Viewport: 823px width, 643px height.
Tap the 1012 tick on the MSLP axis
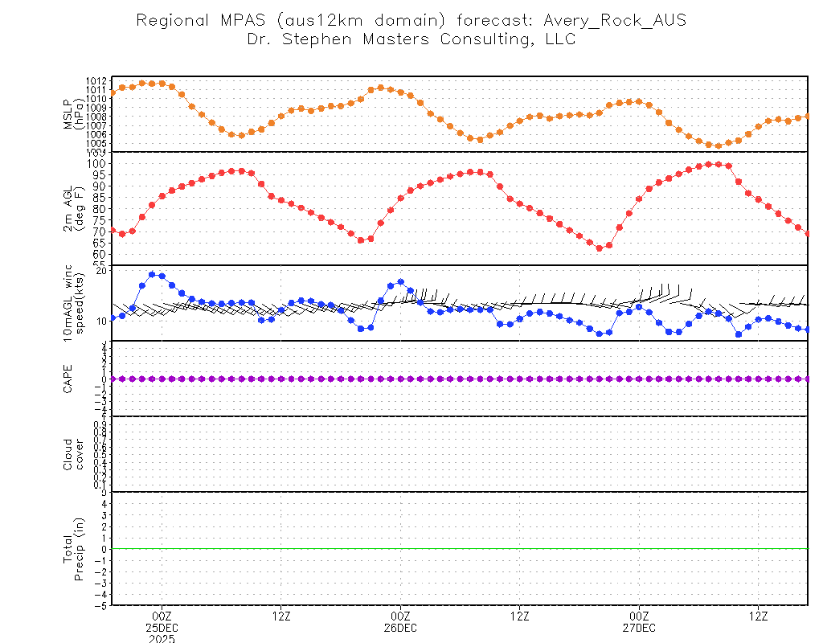click(x=96, y=81)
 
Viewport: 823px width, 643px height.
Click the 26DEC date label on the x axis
click(x=400, y=628)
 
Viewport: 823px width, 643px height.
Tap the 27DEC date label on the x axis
click(x=639, y=628)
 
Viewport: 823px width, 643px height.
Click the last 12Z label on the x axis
click(x=759, y=616)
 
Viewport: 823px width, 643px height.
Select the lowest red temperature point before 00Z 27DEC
click(x=599, y=248)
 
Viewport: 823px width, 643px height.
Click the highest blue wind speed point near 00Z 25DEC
click(x=152, y=274)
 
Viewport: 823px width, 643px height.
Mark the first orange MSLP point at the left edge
click(x=113, y=93)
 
